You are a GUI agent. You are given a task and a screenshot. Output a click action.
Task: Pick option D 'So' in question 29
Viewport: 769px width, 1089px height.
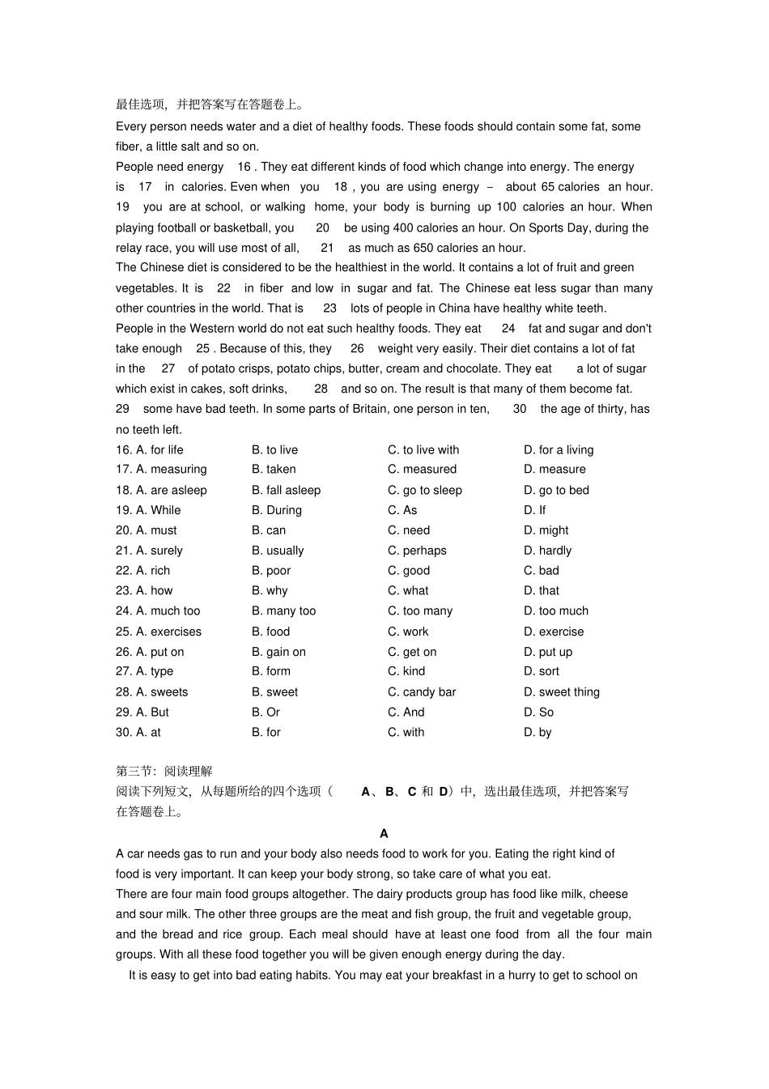coord(538,713)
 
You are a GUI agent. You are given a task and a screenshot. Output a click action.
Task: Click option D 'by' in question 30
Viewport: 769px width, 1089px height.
coord(537,733)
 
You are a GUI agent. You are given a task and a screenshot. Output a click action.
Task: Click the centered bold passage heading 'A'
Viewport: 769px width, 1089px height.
coord(384,833)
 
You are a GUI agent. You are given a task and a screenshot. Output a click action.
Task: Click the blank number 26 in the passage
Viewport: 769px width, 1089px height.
coord(357,348)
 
